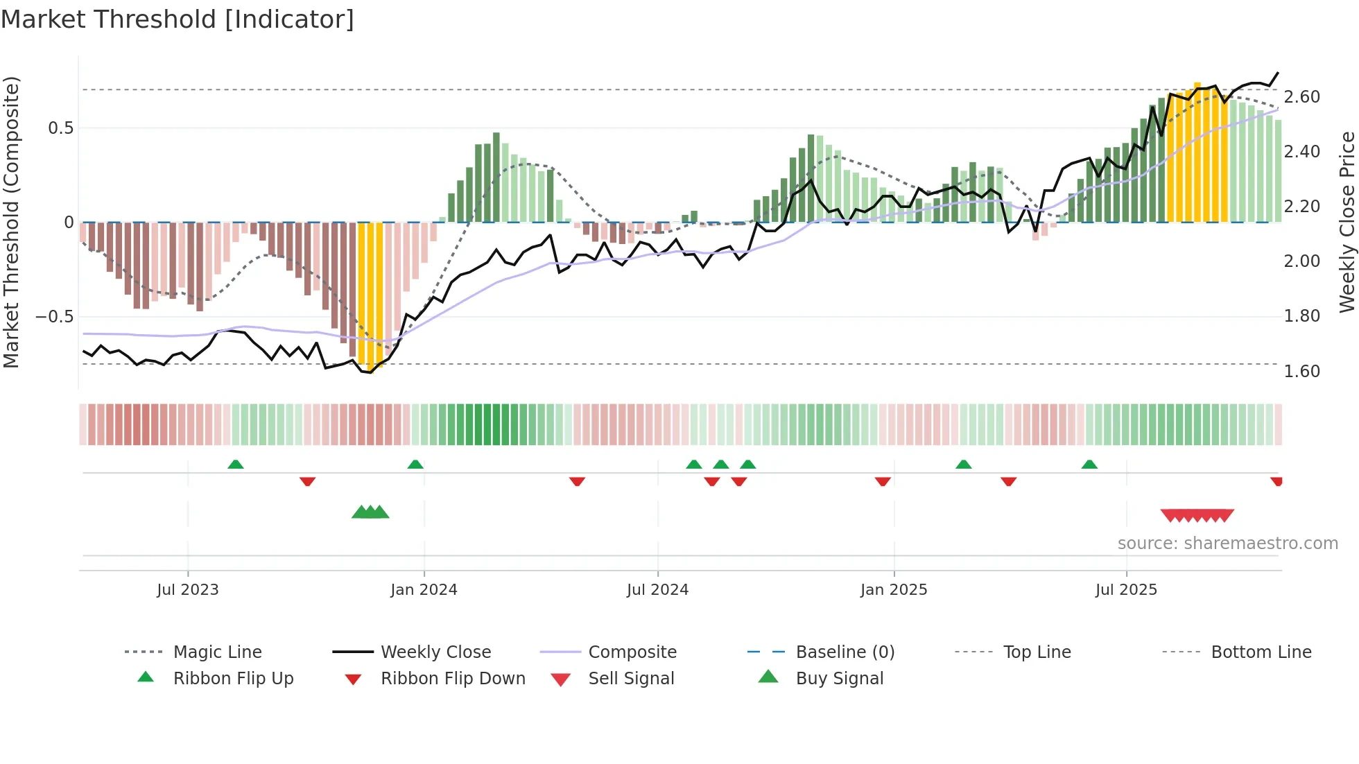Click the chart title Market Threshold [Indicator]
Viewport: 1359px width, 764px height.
178,19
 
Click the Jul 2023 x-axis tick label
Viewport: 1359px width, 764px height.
187,589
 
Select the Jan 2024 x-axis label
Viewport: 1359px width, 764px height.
424,589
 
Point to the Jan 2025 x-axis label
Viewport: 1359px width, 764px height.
893,589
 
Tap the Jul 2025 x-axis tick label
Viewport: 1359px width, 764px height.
1126,589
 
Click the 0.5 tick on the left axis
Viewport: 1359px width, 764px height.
60,128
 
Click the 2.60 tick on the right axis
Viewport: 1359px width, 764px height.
1301,97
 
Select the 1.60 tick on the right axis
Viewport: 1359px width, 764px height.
1301,372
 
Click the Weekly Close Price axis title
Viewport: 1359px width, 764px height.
1347,222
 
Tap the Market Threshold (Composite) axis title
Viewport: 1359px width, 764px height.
11,222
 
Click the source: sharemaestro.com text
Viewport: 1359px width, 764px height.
1227,544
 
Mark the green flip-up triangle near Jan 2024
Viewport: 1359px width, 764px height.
415,465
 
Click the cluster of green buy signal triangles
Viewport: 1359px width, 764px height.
370,512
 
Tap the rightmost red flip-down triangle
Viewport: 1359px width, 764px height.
1276,481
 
